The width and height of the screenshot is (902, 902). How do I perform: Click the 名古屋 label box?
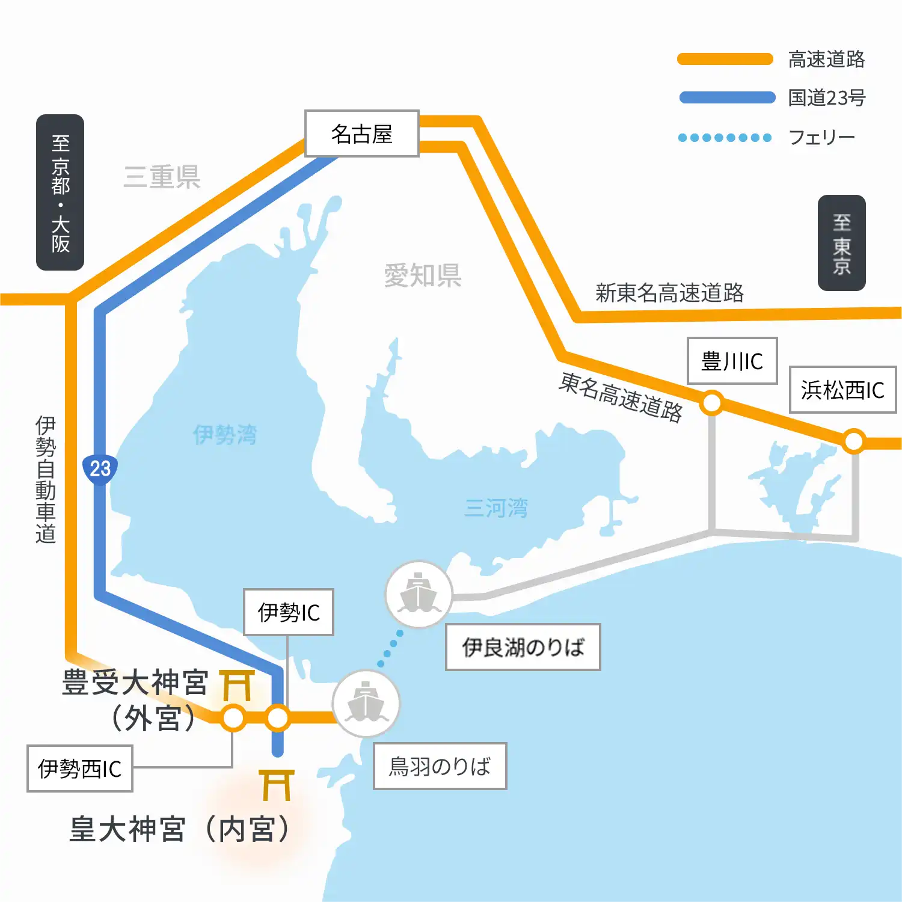pyautogui.click(x=361, y=133)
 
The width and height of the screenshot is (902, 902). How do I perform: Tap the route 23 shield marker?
pyautogui.click(x=100, y=468)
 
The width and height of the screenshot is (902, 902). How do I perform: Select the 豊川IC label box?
pyautogui.click(x=732, y=361)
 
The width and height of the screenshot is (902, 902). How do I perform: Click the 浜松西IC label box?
pyautogui.click(x=842, y=390)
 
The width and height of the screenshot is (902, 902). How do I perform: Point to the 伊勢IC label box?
pyautogui.click(x=288, y=612)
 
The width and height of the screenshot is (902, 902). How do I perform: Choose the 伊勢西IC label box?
pyautogui.click(x=79, y=769)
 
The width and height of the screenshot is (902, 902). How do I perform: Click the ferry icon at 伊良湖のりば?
pyautogui.click(x=419, y=594)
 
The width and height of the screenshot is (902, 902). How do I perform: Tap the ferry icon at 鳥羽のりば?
pyautogui.click(x=366, y=704)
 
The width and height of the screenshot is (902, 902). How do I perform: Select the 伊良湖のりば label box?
pyautogui.click(x=523, y=647)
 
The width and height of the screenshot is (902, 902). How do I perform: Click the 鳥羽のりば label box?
pyautogui.click(x=440, y=766)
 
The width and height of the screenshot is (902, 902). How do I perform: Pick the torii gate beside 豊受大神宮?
pyautogui.click(x=237, y=685)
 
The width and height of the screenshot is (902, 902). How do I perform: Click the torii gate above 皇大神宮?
pyautogui.click(x=277, y=785)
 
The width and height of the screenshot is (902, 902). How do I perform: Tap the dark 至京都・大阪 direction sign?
pyautogui.click(x=60, y=192)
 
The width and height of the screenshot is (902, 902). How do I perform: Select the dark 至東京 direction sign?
pyautogui.click(x=841, y=243)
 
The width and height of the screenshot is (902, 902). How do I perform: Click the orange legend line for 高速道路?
pyautogui.click(x=725, y=59)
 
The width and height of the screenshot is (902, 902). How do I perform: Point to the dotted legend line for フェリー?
pyautogui.click(x=725, y=138)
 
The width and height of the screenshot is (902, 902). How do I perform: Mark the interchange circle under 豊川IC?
pyautogui.click(x=712, y=403)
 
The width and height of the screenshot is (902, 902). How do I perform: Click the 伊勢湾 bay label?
pyautogui.click(x=225, y=434)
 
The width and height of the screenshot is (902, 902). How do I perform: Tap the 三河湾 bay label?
pyautogui.click(x=496, y=508)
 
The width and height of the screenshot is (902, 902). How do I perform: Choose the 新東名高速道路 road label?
pyautogui.click(x=669, y=293)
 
